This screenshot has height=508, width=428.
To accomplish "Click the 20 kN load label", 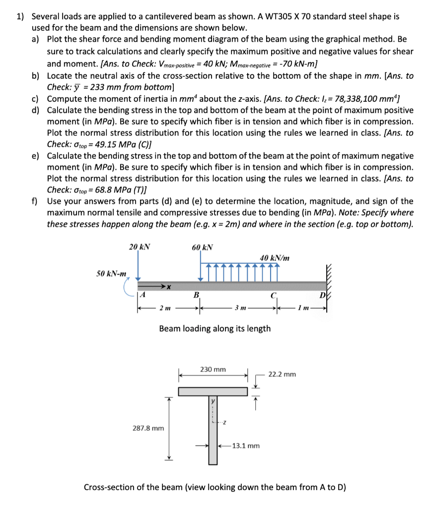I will (140, 247).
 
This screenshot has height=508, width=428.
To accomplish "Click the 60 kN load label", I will (203, 247).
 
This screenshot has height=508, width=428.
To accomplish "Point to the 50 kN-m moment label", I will (111, 273).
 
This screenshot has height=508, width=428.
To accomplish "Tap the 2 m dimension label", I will (163, 309).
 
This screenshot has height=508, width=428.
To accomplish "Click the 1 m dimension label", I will (302, 309).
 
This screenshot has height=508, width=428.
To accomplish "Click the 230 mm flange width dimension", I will (213, 370).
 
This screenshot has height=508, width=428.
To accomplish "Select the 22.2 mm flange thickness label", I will (282, 374).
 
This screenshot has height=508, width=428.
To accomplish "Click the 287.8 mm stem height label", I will (148, 427).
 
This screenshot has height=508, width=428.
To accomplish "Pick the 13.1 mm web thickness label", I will (246, 445).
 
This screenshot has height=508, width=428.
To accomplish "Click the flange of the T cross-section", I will (213, 391).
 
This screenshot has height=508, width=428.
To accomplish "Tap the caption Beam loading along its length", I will (214, 328).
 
